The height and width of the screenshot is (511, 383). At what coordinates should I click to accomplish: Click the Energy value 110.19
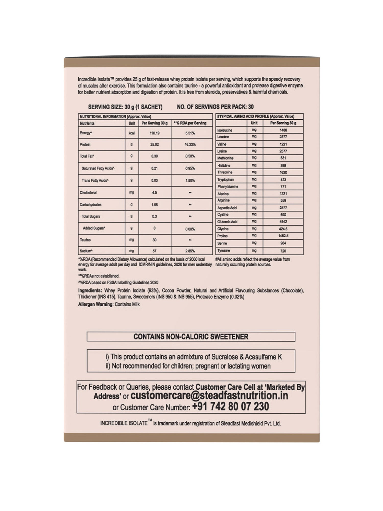click(x=154, y=133)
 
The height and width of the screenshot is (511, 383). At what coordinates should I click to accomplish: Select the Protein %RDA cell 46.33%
click(x=190, y=145)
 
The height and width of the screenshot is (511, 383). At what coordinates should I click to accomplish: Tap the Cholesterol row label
click(x=88, y=193)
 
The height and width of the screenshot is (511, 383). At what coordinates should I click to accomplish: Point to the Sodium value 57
click(x=154, y=251)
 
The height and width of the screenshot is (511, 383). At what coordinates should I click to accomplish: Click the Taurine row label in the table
click(x=85, y=240)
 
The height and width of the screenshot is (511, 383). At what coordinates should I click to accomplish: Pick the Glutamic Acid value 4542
click(x=283, y=222)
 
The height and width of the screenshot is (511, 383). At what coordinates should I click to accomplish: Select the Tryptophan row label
click(x=225, y=180)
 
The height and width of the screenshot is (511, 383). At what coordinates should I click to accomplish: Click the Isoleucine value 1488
click(x=283, y=130)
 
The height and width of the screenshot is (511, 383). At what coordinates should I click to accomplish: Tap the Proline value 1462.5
click(x=283, y=236)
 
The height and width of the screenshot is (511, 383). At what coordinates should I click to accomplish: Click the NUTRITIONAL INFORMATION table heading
click(x=115, y=117)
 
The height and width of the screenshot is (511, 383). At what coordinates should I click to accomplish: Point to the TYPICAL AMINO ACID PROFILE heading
click(x=255, y=117)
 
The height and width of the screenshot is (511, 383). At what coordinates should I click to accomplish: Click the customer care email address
click(x=209, y=396)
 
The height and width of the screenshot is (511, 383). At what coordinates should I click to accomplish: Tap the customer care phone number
click(x=231, y=407)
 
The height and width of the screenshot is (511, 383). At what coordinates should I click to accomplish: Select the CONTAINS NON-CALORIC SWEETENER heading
click(x=191, y=337)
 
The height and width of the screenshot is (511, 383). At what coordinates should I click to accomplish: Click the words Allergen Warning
click(x=95, y=304)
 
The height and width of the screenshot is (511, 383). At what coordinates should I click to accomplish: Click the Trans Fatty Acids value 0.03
click(x=154, y=180)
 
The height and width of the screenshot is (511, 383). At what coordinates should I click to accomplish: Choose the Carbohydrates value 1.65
click(x=154, y=205)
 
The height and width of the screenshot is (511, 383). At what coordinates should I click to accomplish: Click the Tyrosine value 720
click(x=283, y=251)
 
